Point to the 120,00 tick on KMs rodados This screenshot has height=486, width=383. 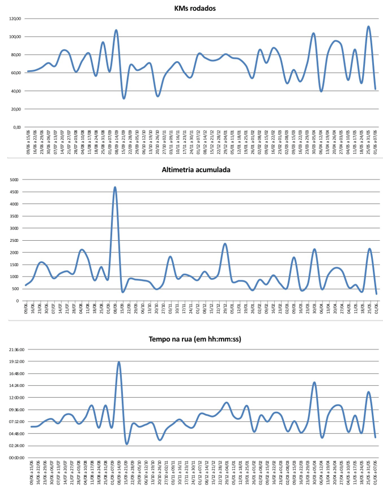click(14, 19)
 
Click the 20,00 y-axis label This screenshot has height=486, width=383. click(15, 109)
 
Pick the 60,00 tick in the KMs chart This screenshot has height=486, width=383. click(15, 73)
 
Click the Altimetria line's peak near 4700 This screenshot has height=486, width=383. click(115, 187)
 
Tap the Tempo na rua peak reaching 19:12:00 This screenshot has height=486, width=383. click(119, 362)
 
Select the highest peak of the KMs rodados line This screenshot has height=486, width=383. click(368, 27)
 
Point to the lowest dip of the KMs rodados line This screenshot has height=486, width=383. click(124, 99)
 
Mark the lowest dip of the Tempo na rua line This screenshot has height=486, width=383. click(127, 444)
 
